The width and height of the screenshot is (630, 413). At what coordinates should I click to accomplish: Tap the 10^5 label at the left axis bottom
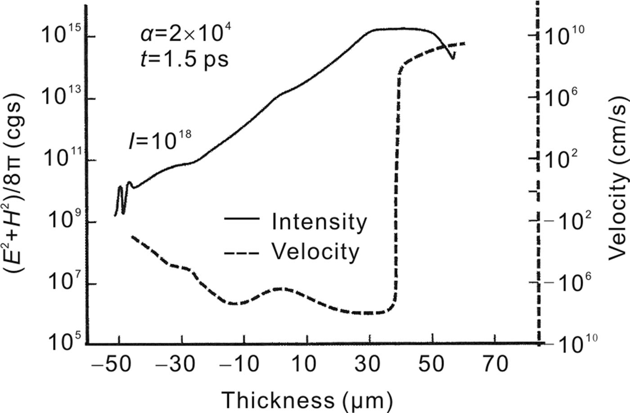[x=63, y=344]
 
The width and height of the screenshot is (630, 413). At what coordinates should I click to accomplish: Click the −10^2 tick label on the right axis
[x=568, y=221]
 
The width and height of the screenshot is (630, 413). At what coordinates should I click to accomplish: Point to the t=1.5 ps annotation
[x=183, y=59]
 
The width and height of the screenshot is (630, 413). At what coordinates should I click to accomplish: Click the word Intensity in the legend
[x=319, y=222]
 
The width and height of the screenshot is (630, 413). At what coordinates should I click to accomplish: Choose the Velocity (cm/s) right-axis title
[x=617, y=180]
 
